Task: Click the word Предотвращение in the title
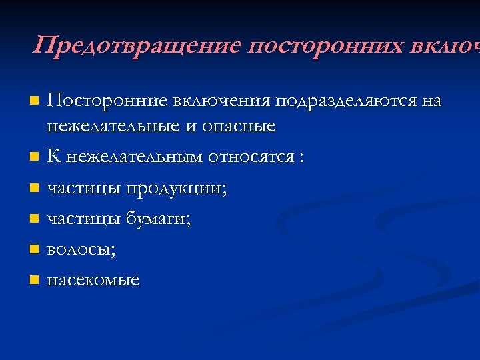click(x=137, y=46)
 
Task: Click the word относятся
click(x=251, y=158)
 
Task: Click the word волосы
click(x=81, y=251)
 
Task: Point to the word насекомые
click(x=93, y=280)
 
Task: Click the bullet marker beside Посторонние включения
click(x=34, y=102)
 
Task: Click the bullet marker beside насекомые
click(x=34, y=280)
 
